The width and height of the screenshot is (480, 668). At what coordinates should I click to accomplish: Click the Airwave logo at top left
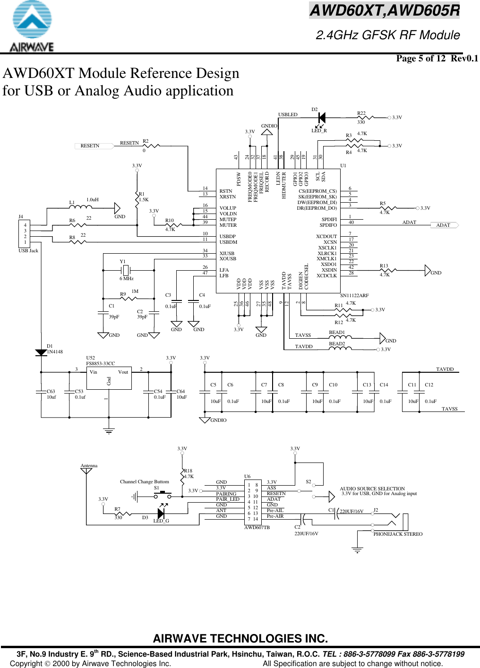pos(32,26)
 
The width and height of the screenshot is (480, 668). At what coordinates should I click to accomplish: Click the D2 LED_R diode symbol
pos(322,118)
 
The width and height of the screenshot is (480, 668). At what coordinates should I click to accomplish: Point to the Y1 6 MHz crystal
pos(126,270)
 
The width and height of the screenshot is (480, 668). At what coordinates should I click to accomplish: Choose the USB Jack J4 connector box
pos(25,233)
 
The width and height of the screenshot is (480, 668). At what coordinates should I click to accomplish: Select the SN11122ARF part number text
pos(354,295)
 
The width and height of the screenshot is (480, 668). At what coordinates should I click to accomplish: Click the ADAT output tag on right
pos(445,225)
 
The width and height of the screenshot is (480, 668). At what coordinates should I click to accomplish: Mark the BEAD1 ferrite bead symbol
pos(340,337)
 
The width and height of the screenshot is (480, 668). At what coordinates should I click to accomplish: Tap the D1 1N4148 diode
pos(41,352)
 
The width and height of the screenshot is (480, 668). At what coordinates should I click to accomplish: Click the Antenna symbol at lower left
pos(86,471)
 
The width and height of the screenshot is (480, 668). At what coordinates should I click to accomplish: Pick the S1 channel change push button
pos(163,494)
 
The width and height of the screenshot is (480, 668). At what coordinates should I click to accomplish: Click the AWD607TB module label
pos(257,527)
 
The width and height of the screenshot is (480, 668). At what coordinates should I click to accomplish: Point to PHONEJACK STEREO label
pos(398,534)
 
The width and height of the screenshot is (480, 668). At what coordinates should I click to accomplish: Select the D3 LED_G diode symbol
pos(161,513)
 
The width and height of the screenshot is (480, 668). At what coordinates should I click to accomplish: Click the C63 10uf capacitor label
pos(51,394)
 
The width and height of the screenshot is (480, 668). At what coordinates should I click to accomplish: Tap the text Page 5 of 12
pos(420,58)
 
